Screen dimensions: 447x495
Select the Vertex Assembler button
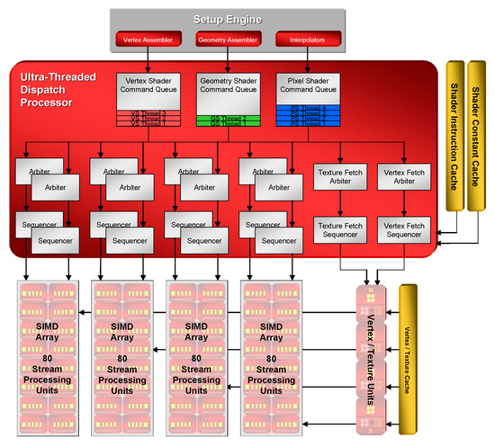(148, 40)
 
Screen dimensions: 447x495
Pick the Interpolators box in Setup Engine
(308, 40)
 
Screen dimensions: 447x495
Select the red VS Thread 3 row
(148, 112)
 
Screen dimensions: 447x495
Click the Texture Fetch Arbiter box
(337, 176)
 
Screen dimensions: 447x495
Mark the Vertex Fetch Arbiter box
(402, 176)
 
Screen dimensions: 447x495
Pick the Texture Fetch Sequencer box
(337, 229)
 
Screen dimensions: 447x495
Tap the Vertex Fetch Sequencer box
(402, 229)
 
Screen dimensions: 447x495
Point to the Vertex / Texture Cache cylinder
(410, 360)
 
